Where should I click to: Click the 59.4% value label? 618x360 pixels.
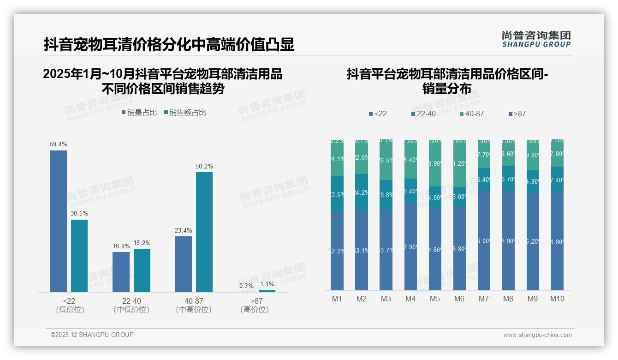click(59, 144)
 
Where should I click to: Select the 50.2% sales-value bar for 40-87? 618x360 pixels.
click(204, 232)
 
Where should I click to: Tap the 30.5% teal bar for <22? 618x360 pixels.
click(79, 256)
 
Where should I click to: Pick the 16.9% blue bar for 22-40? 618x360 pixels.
click(121, 272)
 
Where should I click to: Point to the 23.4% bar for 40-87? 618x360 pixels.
click(184, 264)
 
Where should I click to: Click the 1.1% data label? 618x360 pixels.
click(267, 284)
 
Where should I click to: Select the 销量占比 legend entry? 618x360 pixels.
click(139, 113)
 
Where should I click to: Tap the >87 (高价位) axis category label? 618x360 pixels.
click(255, 305)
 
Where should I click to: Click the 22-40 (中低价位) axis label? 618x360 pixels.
click(131, 305)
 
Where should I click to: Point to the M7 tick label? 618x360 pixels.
click(483, 299)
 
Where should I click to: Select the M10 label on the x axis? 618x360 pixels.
click(557, 299)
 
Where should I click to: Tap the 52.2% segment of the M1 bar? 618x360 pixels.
click(337, 251)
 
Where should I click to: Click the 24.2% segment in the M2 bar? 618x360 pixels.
click(362, 192)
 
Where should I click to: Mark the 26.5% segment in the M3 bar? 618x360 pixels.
click(386, 160)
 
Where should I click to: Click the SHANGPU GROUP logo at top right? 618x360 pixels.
click(536, 39)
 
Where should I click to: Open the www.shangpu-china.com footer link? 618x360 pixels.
click(537, 335)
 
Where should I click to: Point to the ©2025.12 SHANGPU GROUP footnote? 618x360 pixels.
click(92, 335)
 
